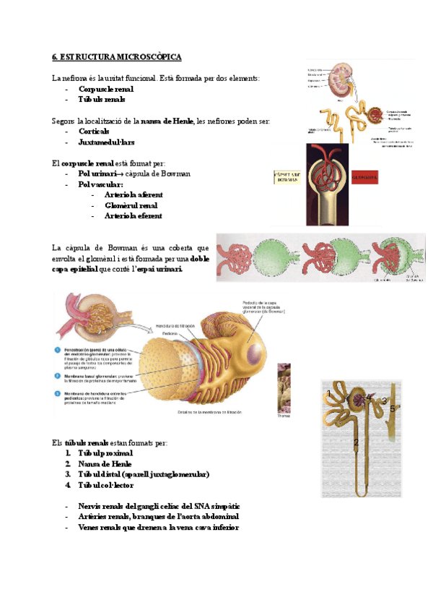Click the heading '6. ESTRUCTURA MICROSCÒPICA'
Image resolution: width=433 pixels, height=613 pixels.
[x=117, y=56]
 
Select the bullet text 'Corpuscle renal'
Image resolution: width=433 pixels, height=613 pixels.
[x=105, y=89]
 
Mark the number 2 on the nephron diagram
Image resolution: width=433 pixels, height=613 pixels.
[x=356, y=441]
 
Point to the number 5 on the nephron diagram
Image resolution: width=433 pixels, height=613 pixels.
[x=393, y=409]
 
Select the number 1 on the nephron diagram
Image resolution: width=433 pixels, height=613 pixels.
[x=329, y=393]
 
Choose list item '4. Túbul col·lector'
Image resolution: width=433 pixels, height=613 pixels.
[x=100, y=485]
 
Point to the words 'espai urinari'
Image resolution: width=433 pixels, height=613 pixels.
[x=159, y=270]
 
